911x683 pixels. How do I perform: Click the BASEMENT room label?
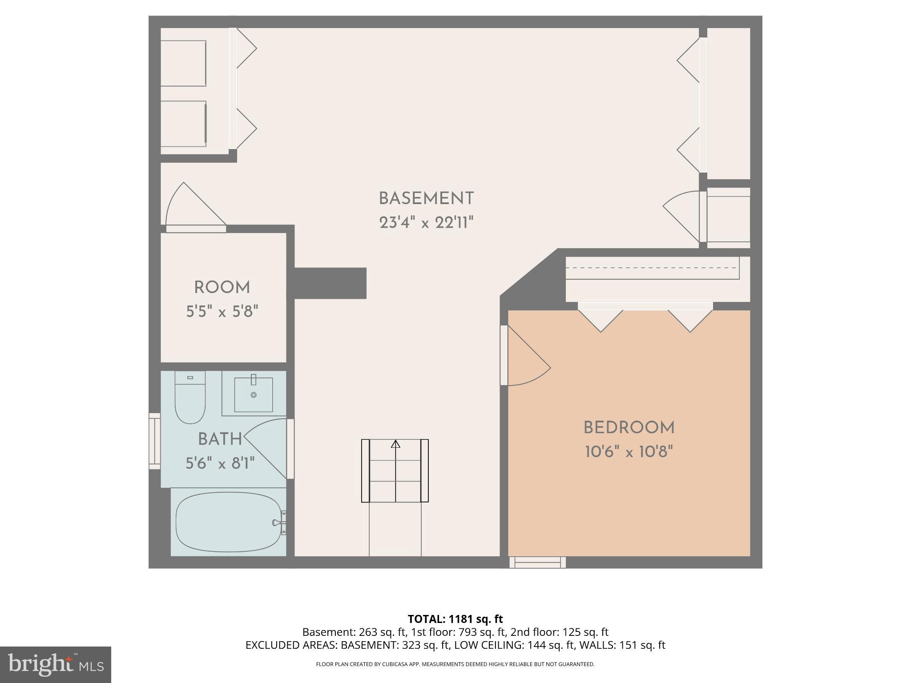pyautogui.click(x=426, y=198)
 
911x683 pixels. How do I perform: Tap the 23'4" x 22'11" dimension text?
pyautogui.click(x=426, y=222)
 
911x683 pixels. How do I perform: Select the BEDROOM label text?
pyautogui.click(x=629, y=428)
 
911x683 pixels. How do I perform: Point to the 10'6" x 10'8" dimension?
pyautogui.click(x=629, y=452)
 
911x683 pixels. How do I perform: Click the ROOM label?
pyautogui.click(x=222, y=288)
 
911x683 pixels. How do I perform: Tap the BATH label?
pyautogui.click(x=220, y=439)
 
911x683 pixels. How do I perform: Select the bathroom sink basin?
pyautogui.click(x=254, y=394)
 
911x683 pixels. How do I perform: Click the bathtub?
pyautogui.click(x=229, y=522)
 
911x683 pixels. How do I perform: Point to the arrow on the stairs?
pyautogui.click(x=395, y=444)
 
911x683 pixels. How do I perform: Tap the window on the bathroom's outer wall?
pyautogui.click(x=154, y=441)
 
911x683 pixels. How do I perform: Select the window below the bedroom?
pyautogui.click(x=537, y=562)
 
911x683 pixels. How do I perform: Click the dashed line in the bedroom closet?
pyautogui.click(x=652, y=268)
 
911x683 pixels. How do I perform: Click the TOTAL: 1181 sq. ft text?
pyautogui.click(x=455, y=619)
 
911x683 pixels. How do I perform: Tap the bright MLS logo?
pyautogui.click(x=55, y=665)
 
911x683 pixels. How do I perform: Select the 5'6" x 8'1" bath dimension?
pyautogui.click(x=220, y=464)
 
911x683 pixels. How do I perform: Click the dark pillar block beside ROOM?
pyautogui.click(x=330, y=283)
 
